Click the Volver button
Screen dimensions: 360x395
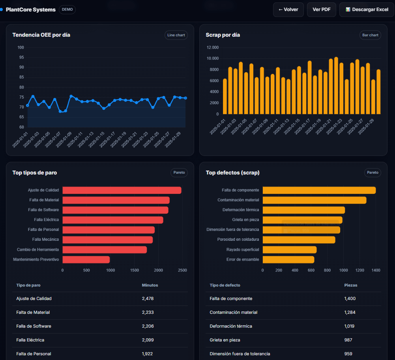tap(288, 9)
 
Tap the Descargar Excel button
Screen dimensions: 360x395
tap(367, 9)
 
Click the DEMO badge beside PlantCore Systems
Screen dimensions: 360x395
tap(67, 9)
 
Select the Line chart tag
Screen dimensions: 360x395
tap(176, 35)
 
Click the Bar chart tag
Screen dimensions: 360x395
tap(370, 35)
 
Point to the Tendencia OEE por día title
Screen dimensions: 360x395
tap(41, 35)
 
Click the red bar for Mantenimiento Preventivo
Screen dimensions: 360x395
tap(86, 259)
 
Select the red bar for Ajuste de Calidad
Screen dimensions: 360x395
tap(122, 190)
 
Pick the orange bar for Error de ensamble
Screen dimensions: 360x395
tap(288, 259)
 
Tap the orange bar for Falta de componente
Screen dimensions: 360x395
tap(319, 190)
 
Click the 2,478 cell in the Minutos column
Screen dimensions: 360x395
tap(148, 298)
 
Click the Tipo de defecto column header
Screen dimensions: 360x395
tap(225, 285)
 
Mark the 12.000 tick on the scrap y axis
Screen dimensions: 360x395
tap(212, 48)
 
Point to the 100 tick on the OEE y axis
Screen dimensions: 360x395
tap(21, 48)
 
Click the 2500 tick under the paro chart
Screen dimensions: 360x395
tap(182, 270)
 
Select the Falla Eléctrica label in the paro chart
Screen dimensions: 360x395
tap(46, 219)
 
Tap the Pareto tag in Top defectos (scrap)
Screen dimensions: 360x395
tap(373, 172)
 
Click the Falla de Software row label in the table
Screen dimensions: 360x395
tap(34, 326)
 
